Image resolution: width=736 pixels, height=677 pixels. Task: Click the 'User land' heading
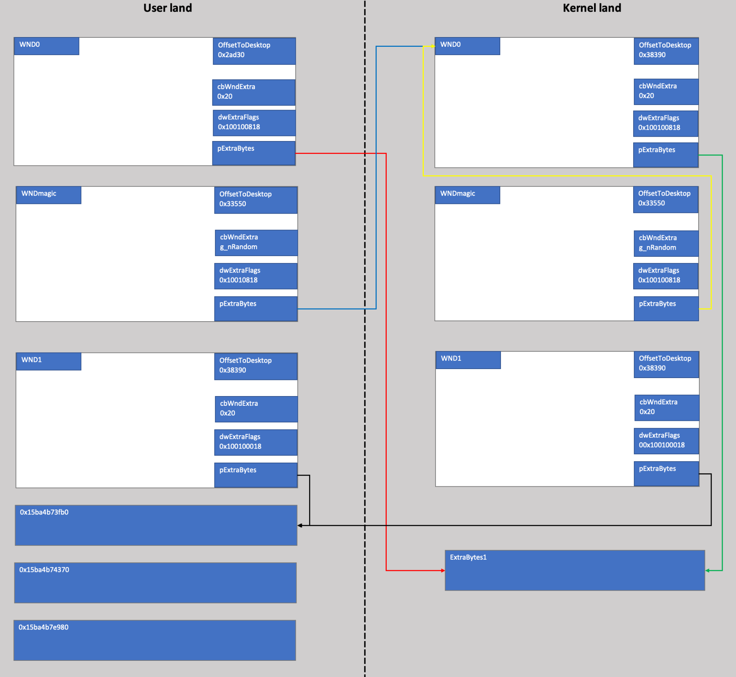167,8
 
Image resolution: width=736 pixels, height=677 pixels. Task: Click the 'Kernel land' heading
592,8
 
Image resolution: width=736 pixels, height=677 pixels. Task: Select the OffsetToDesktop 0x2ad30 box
254,51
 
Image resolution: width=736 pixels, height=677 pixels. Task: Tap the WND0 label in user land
46,46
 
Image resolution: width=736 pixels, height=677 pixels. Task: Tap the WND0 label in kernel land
467,46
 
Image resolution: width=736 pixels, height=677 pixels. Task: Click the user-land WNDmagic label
48,195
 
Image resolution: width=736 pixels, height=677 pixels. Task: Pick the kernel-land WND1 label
468,360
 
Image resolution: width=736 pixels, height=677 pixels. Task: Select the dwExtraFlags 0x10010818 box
256,276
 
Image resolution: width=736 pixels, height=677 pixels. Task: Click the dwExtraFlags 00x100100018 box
666,441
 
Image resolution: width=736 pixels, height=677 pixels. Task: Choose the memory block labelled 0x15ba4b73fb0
156,525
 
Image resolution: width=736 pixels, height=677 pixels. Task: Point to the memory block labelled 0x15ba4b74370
155,582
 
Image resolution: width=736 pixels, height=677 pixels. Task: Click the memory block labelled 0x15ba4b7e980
155,640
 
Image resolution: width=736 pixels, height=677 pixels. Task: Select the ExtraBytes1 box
575,570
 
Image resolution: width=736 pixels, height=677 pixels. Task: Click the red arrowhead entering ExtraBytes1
443,571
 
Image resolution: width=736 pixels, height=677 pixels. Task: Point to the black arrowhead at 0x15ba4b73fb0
300,525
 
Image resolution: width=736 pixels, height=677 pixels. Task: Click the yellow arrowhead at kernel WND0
433,46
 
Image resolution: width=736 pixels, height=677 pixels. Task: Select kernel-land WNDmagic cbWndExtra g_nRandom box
666,243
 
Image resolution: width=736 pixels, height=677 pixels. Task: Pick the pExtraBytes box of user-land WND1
256,475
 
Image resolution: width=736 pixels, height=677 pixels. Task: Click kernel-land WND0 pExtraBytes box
666,155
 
